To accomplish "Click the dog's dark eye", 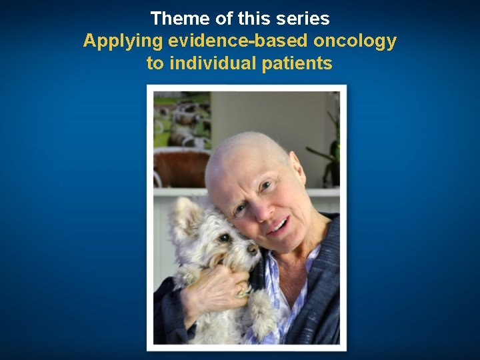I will point(225,237).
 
